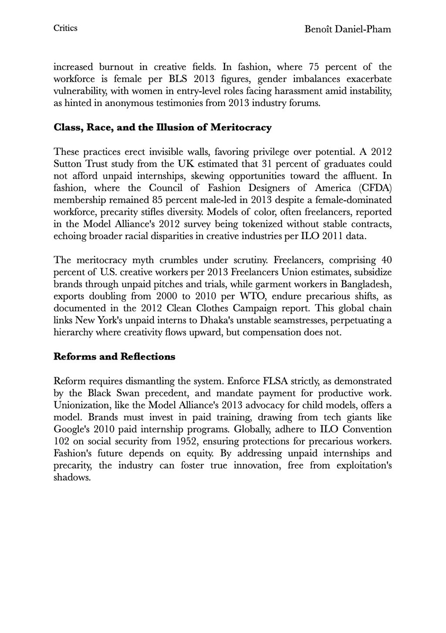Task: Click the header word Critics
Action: pos(65,28)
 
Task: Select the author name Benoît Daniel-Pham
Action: pos(348,30)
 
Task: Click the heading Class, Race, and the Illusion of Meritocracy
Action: pos(162,128)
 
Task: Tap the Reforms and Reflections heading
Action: pos(114,357)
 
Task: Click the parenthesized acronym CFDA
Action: pos(377,188)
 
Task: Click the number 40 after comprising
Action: pos(386,260)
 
